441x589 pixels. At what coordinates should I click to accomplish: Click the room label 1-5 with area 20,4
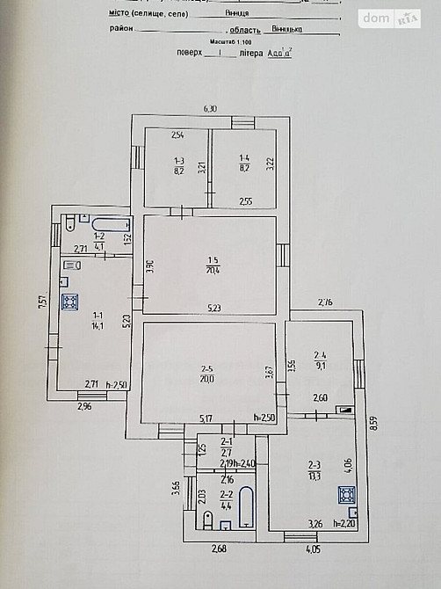point(213,265)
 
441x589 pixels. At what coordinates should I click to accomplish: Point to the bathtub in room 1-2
point(111,222)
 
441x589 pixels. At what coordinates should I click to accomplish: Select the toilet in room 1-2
point(68,224)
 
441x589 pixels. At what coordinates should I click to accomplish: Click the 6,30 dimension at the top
point(210,109)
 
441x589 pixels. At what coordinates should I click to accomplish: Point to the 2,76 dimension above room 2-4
point(325,302)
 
